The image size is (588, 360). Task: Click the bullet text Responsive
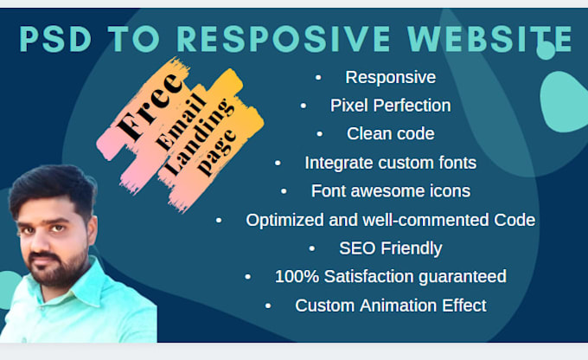coord(390,77)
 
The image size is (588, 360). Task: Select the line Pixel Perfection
coord(390,106)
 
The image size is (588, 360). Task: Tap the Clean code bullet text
coord(390,134)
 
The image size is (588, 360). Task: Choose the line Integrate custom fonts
coord(390,163)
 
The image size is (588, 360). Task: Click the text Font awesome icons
coord(390,191)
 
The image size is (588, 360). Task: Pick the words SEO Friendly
coord(390,248)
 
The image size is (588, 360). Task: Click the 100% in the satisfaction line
coord(295,277)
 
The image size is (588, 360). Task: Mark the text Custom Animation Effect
coord(390,305)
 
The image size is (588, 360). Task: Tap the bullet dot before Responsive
coord(318,78)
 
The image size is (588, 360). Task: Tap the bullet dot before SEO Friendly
coord(312,249)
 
